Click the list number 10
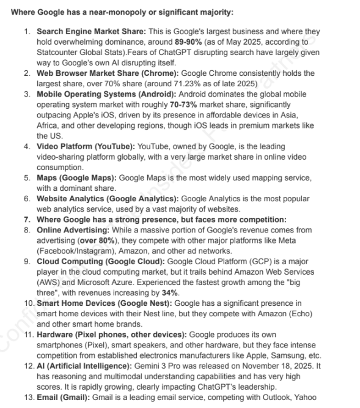28,303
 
